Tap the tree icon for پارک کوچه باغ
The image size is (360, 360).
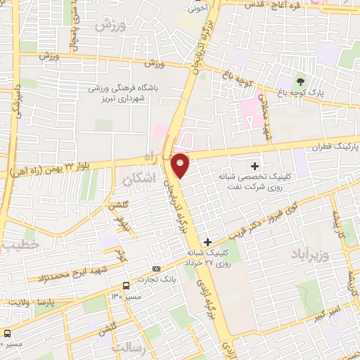[x=301, y=83]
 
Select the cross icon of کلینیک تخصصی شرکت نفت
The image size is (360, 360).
[x=255, y=165]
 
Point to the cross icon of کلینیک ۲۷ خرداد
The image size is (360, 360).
[x=207, y=242]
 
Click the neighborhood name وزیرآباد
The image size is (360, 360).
[x=310, y=253]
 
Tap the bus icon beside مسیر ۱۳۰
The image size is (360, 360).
[x=126, y=286]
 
